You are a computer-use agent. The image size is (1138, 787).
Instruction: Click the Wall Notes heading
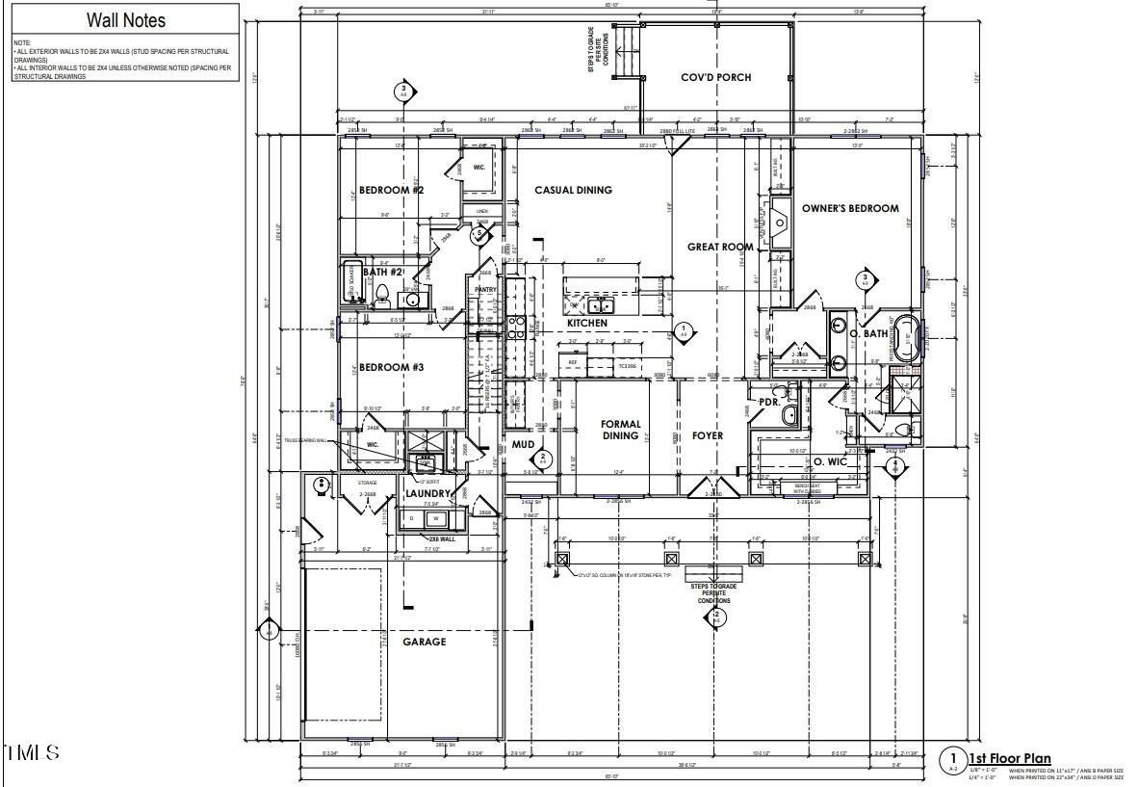pos(126,20)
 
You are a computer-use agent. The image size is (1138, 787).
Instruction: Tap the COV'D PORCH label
pos(715,77)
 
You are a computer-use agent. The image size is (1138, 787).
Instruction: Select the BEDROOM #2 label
pos(391,190)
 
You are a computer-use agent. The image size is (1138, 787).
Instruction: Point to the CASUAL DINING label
pos(573,190)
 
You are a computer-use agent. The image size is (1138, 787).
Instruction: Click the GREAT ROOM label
pos(719,247)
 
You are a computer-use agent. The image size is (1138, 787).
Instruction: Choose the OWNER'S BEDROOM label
pos(850,208)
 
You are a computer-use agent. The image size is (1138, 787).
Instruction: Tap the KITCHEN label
pos(586,323)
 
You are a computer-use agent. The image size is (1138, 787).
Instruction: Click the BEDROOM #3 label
pos(391,367)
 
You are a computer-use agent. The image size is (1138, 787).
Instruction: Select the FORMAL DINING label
pos(621,430)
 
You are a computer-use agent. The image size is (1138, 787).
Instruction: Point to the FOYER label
pos(707,435)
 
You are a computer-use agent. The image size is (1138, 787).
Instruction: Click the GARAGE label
pos(424,642)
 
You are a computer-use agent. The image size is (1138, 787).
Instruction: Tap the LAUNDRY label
pos(427,493)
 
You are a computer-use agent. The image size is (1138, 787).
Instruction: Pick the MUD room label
pos(523,444)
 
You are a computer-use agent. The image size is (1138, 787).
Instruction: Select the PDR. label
pos(769,402)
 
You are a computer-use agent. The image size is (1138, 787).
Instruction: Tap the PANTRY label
pos(484,288)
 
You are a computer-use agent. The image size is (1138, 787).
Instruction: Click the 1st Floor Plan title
pos(1009,759)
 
